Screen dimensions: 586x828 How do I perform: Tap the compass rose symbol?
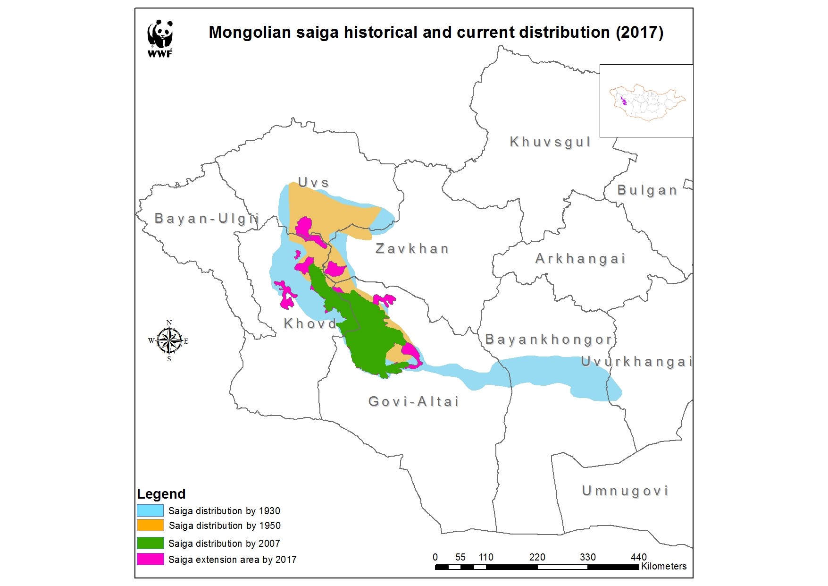tap(169, 340)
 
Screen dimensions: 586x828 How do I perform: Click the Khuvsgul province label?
tap(550, 142)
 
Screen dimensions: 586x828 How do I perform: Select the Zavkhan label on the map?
tap(412, 249)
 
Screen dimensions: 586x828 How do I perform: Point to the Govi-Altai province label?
tap(413, 402)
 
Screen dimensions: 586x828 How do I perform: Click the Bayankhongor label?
tap(549, 340)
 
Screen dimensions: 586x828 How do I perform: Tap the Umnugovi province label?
tap(625, 491)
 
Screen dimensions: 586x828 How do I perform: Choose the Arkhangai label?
tap(580, 259)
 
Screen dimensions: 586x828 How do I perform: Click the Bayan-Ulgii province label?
tap(207, 219)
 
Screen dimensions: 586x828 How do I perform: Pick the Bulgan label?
tap(647, 190)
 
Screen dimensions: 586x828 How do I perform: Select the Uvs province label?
tap(313, 182)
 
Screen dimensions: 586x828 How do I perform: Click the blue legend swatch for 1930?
tap(150, 510)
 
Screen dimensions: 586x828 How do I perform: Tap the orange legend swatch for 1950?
tap(150, 525)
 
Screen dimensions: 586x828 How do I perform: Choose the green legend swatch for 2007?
tap(150, 543)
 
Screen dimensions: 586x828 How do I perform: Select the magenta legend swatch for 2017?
tap(150, 559)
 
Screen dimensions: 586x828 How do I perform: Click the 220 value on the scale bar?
tap(537, 557)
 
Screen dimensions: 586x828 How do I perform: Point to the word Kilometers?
tap(664, 566)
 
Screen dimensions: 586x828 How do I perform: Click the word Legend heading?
tap(161, 494)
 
